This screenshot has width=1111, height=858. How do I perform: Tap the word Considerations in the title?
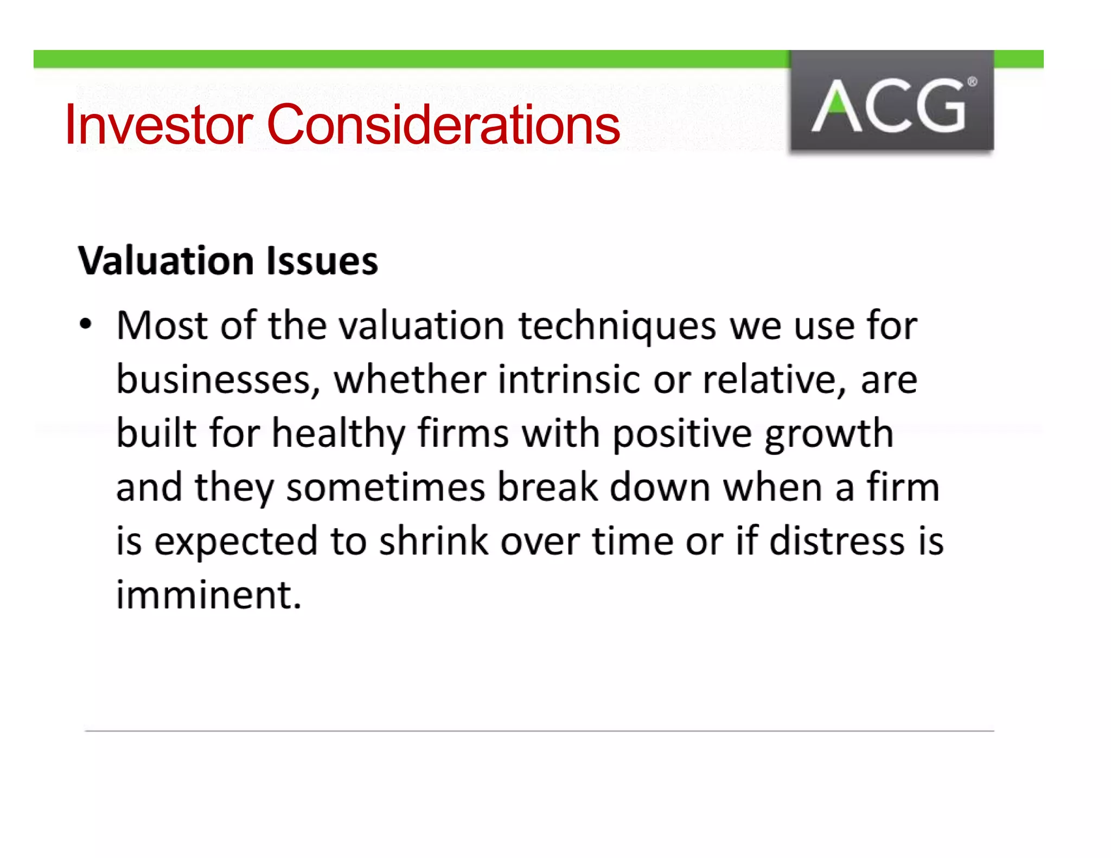click(443, 125)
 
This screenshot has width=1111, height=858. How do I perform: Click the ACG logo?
click(891, 101)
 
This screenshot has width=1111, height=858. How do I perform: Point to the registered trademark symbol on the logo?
click(972, 82)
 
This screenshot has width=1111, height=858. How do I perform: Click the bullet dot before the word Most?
click(86, 325)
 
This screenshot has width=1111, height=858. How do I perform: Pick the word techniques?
click(617, 326)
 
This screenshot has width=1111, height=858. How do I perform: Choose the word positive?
click(682, 434)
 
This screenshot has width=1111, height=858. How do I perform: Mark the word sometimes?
click(386, 487)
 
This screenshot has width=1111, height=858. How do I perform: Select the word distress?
click(837, 541)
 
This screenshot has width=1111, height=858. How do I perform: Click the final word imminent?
click(208, 595)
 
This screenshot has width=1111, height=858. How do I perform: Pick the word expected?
click(236, 542)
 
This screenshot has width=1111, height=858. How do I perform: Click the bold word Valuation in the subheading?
click(165, 261)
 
